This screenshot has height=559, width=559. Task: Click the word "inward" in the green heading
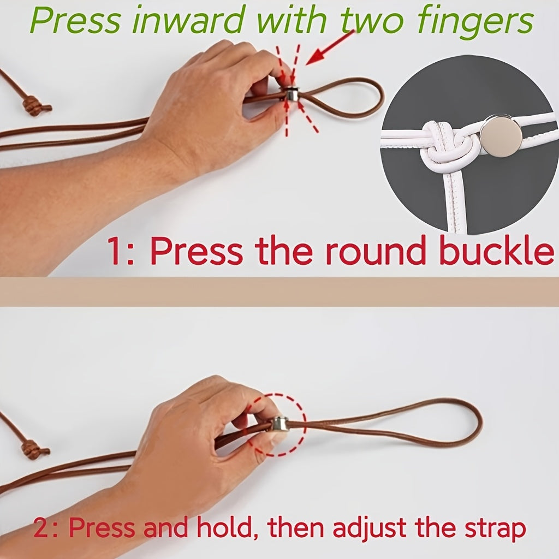point(191,20)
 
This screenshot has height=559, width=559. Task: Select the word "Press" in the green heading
point(75,20)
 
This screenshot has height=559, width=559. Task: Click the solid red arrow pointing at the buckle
point(330,47)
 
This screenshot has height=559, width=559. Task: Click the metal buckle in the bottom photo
point(281,424)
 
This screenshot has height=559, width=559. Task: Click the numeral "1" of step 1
point(115,251)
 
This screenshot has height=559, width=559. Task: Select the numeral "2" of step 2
point(40,528)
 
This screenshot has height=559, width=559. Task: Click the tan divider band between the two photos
point(279,292)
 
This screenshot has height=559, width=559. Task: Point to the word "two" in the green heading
point(372,21)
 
